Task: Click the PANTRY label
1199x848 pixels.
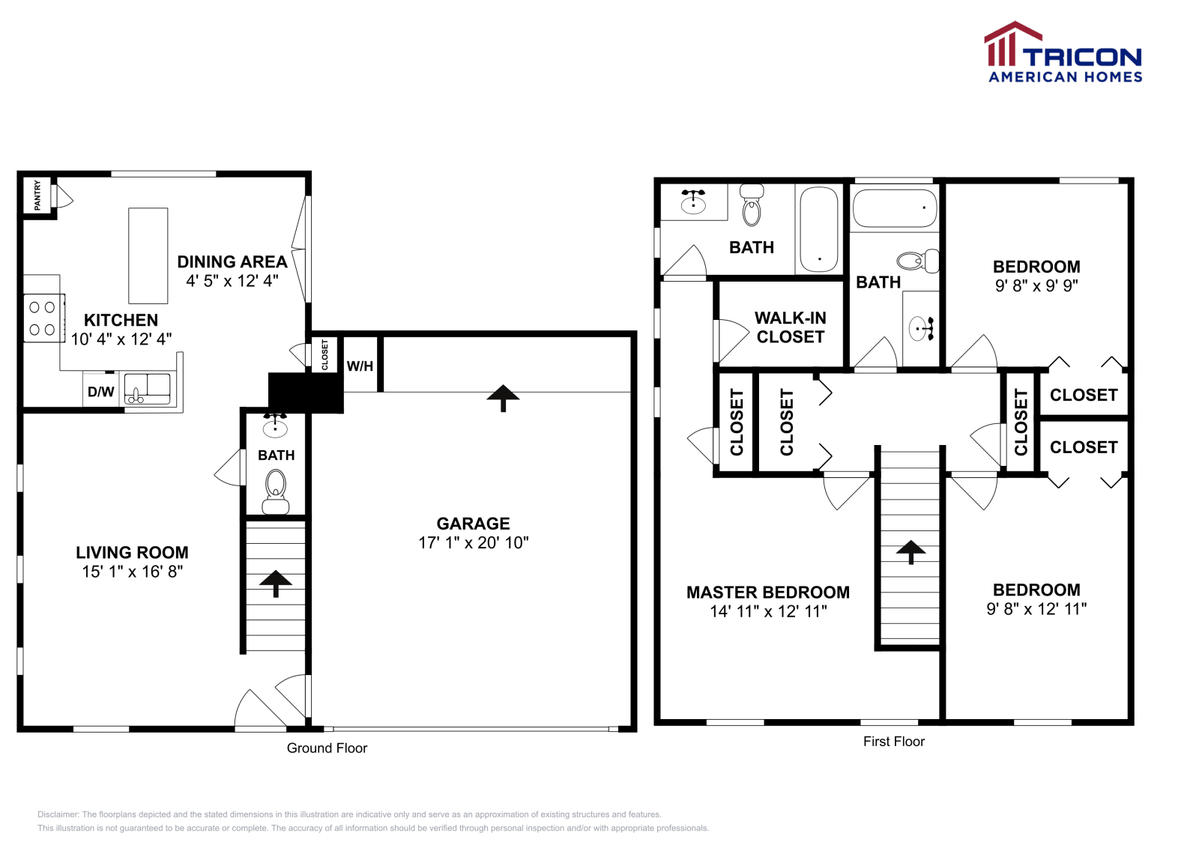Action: [x=37, y=195]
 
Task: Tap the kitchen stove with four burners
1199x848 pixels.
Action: [x=43, y=318]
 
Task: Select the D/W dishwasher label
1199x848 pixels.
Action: [x=101, y=392]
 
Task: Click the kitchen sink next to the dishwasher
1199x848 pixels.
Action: [x=148, y=390]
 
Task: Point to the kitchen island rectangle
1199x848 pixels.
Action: [x=148, y=255]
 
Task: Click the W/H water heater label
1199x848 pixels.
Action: [x=360, y=366]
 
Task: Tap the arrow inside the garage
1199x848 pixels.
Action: [x=503, y=397]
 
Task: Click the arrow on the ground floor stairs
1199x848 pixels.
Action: [x=276, y=583]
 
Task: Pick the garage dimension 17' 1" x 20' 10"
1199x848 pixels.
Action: [x=474, y=543]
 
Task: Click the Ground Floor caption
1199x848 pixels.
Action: [x=327, y=748]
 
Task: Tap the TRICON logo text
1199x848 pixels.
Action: [x=1081, y=58]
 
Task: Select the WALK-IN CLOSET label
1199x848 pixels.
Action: [x=790, y=327]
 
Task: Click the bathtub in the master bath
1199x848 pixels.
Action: [x=818, y=228]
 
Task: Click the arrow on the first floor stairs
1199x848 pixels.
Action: [x=910, y=551]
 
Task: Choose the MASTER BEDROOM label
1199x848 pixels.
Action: [x=768, y=593]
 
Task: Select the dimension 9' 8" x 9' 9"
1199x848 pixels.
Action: [x=1036, y=285]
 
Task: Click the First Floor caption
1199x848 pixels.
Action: [x=893, y=742]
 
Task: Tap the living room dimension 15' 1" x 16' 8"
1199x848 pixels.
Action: [x=133, y=572]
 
